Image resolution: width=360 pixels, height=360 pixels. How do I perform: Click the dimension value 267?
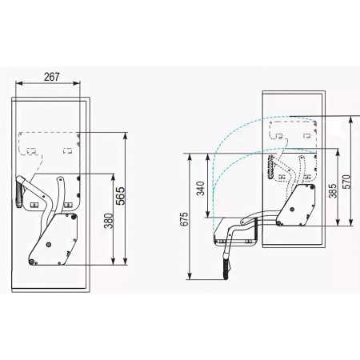[52, 77]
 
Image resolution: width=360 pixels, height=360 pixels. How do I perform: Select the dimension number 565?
[121, 196]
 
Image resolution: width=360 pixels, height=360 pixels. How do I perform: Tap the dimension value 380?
[109, 221]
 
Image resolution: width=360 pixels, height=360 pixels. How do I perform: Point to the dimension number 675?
[184, 219]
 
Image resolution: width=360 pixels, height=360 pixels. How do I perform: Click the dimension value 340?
[201, 188]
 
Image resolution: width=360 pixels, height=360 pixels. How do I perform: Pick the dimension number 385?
[333, 190]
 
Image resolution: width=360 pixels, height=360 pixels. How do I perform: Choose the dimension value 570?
[346, 182]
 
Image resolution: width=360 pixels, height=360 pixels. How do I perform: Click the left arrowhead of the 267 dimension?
[18, 83]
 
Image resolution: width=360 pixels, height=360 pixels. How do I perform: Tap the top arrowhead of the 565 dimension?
[126, 136]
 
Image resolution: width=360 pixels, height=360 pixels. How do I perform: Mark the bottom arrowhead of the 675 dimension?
[190, 276]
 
